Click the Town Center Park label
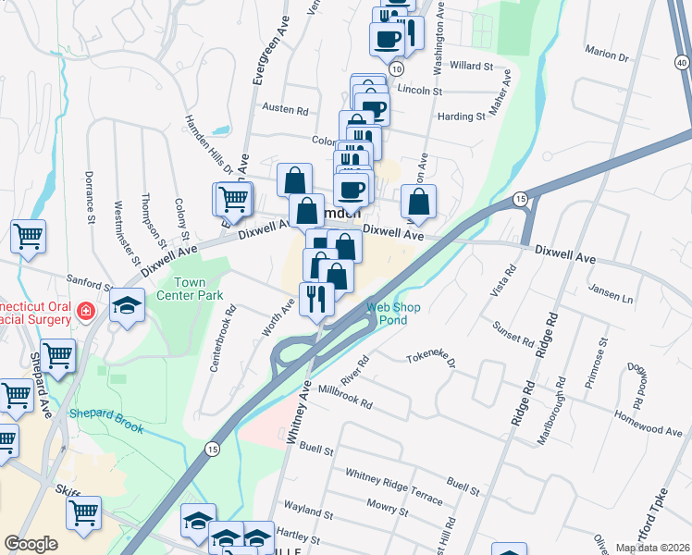(192, 290)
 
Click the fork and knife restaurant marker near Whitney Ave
(316, 298)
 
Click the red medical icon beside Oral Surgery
(86, 312)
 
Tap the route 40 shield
(682, 62)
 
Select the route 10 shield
(397, 69)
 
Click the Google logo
(31, 543)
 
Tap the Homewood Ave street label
(652, 430)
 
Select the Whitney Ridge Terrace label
(394, 486)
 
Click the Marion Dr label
(607, 56)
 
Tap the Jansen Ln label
(610, 298)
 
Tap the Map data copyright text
(651, 547)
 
